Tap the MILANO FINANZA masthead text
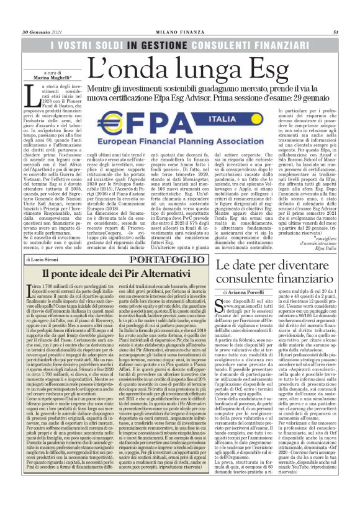pos(179,32)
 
